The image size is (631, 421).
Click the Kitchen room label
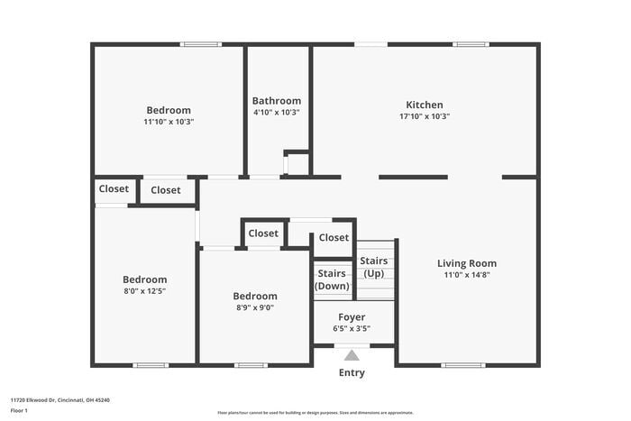click(424, 105)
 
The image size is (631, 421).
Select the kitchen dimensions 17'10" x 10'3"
click(424, 116)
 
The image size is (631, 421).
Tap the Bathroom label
click(277, 101)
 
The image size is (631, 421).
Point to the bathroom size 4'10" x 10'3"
click(277, 113)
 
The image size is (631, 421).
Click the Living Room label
click(467, 263)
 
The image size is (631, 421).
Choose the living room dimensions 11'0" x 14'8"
click(467, 275)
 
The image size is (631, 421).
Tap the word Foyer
click(352, 316)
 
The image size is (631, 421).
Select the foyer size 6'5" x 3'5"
click(352, 328)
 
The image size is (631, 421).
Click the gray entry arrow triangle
click(352, 355)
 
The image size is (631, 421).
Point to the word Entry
click(352, 372)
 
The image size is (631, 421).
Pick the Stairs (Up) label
click(374, 267)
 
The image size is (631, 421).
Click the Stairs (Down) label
click(332, 279)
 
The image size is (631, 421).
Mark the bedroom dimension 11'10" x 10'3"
click(169, 122)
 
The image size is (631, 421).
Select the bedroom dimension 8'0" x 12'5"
click(144, 291)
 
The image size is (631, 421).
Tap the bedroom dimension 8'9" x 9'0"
click(255, 307)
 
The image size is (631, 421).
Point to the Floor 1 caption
click(19, 410)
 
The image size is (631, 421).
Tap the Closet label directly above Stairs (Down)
click(334, 238)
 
